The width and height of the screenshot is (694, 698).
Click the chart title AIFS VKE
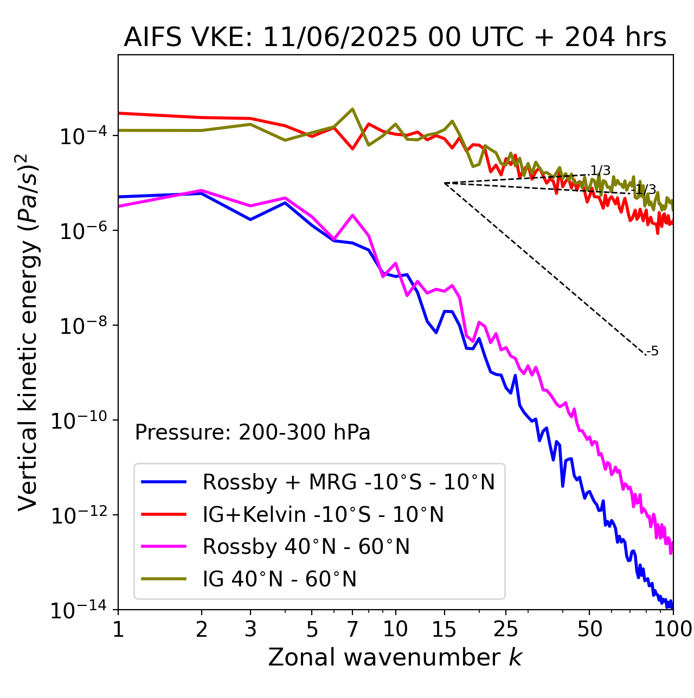[395, 37]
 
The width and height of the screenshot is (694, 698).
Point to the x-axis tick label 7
[352, 629]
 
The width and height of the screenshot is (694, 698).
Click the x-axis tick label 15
[445, 629]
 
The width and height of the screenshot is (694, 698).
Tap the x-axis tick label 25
[506, 629]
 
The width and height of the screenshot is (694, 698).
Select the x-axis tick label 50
[589, 629]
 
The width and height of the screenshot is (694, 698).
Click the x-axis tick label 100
[672, 629]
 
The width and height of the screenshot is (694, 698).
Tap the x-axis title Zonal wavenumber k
[395, 657]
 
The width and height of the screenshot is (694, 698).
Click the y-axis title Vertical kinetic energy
[30, 332]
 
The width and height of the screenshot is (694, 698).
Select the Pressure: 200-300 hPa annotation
[252, 432]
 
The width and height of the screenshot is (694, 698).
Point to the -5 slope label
[653, 351]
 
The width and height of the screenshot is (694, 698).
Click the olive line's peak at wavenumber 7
[352, 109]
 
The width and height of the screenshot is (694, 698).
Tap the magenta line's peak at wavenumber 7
[352, 215]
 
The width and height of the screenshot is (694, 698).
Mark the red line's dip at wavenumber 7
[352, 148]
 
